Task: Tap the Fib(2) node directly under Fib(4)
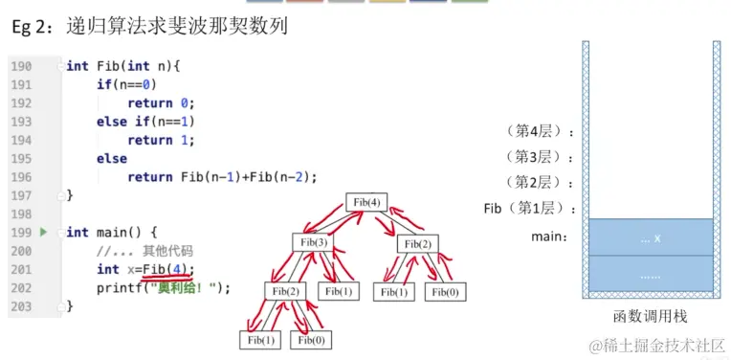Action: point(418,243)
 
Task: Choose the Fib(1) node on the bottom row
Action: point(258,340)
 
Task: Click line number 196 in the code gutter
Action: point(20,177)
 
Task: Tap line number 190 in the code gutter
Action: point(20,66)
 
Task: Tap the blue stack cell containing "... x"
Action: point(651,236)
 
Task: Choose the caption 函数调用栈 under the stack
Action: point(650,316)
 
